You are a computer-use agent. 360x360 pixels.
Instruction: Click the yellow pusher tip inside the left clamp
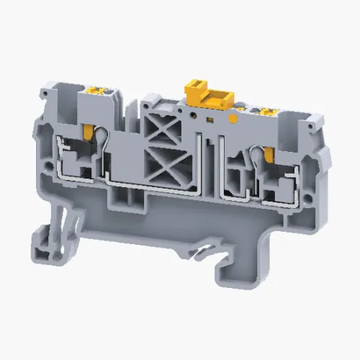click(x=87, y=131)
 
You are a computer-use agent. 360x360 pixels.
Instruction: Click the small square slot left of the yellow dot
click(x=209, y=116)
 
